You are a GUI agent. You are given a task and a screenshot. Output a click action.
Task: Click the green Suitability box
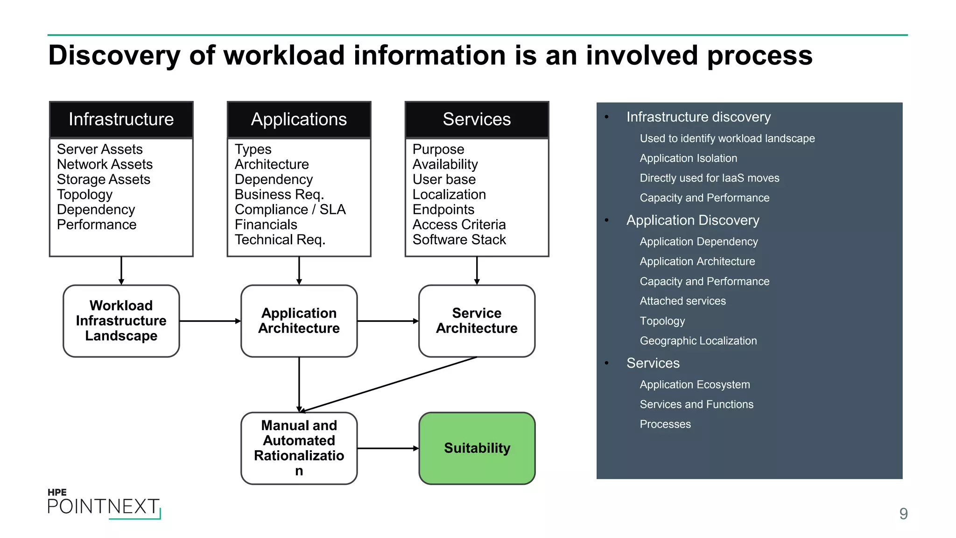pyautogui.click(x=477, y=448)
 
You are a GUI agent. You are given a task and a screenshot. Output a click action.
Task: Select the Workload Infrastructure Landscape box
pyautogui.click(x=121, y=321)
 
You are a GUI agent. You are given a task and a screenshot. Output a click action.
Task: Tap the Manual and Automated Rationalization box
pyautogui.click(x=299, y=447)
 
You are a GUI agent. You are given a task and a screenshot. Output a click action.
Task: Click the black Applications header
pyautogui.click(x=299, y=120)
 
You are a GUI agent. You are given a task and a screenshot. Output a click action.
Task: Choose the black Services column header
pyautogui.click(x=477, y=120)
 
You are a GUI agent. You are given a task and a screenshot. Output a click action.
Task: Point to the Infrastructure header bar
pyautogui.click(x=121, y=120)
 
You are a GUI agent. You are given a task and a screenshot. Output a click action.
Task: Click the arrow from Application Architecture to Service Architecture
pyautogui.click(x=387, y=321)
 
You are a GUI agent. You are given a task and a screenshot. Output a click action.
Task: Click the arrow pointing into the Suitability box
pyautogui.click(x=387, y=448)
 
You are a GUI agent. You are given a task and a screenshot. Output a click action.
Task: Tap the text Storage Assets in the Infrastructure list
pyautogui.click(x=104, y=179)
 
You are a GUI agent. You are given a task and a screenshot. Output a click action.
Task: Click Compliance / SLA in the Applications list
pyautogui.click(x=290, y=209)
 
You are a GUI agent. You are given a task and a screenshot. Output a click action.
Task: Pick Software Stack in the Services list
pyautogui.click(x=459, y=240)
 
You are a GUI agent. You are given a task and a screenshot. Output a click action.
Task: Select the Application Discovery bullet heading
pyautogui.click(x=693, y=220)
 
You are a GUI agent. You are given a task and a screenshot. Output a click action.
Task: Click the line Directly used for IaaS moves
pyautogui.click(x=709, y=178)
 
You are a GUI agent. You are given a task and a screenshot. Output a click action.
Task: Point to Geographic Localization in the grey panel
pyautogui.click(x=698, y=341)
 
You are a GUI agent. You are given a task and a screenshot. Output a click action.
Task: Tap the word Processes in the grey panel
pyautogui.click(x=665, y=424)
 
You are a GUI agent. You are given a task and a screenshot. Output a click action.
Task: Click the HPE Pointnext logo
pyautogui.click(x=104, y=504)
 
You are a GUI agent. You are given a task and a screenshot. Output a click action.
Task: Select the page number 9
pyautogui.click(x=903, y=514)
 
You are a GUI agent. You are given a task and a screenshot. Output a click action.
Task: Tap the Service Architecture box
pyautogui.click(x=477, y=321)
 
